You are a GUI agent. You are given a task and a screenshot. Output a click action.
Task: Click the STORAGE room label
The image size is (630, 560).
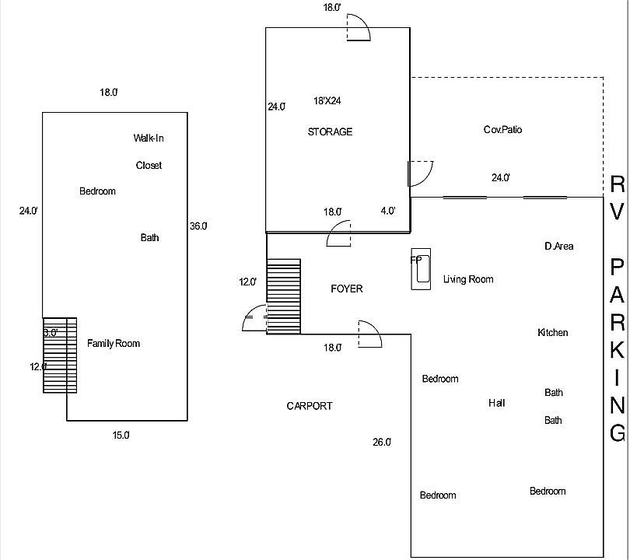click(x=330, y=131)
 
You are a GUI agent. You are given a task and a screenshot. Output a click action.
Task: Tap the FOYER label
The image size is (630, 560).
click(x=347, y=289)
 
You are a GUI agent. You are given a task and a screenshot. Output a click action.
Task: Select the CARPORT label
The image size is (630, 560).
click(x=310, y=406)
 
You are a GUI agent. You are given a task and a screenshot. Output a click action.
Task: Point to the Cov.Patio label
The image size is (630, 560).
click(x=502, y=129)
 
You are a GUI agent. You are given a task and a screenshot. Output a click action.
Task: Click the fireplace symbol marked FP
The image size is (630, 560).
click(x=421, y=269)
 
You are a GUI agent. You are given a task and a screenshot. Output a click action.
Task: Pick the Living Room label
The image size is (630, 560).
click(x=468, y=279)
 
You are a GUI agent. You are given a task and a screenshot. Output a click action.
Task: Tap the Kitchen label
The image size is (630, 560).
click(x=553, y=332)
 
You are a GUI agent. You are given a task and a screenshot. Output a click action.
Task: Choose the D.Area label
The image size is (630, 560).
click(x=559, y=246)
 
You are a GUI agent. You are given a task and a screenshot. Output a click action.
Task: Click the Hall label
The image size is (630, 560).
click(x=496, y=403)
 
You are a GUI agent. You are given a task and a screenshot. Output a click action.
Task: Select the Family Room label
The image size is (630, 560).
click(x=114, y=344)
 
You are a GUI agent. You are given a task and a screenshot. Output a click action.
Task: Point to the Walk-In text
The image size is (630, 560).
click(x=149, y=138)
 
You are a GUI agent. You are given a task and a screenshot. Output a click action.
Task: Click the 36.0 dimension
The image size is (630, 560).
click(x=198, y=226)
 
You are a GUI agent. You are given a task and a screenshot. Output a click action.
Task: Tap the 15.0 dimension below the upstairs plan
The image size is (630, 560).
click(x=121, y=435)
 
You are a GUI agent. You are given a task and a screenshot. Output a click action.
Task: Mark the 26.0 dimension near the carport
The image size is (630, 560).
click(x=382, y=443)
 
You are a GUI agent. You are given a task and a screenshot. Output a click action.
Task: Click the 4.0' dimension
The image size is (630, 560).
click(x=388, y=211)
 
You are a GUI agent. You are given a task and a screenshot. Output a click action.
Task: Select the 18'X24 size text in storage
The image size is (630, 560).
click(x=327, y=101)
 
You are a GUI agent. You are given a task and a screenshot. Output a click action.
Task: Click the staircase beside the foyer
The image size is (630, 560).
click(x=284, y=296)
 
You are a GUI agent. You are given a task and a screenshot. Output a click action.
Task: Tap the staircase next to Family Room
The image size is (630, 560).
click(x=60, y=355)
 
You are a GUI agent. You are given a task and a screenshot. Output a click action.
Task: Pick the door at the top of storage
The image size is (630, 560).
click(x=359, y=27)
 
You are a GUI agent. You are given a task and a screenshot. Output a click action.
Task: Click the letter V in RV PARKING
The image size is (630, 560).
click(x=617, y=211)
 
